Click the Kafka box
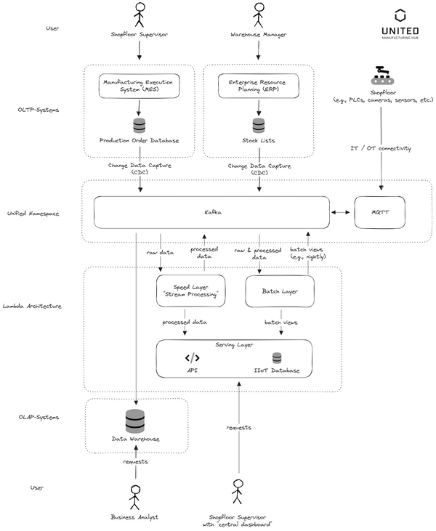[x=211, y=213]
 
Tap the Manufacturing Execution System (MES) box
[x=139, y=86]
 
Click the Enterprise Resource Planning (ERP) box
[x=259, y=86]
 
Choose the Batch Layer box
[x=279, y=291]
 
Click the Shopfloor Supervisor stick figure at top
[x=139, y=14]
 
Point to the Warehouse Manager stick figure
[x=259, y=14]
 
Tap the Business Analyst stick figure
[x=134, y=497]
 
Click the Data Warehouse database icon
[x=136, y=421]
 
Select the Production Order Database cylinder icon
[x=139, y=126]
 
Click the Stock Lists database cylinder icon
[x=259, y=126]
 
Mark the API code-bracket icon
[x=192, y=357]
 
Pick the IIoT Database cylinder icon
[x=277, y=357]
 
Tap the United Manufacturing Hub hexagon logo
[x=400, y=16]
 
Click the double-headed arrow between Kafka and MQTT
[x=341, y=213]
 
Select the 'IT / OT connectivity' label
[x=382, y=148]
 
